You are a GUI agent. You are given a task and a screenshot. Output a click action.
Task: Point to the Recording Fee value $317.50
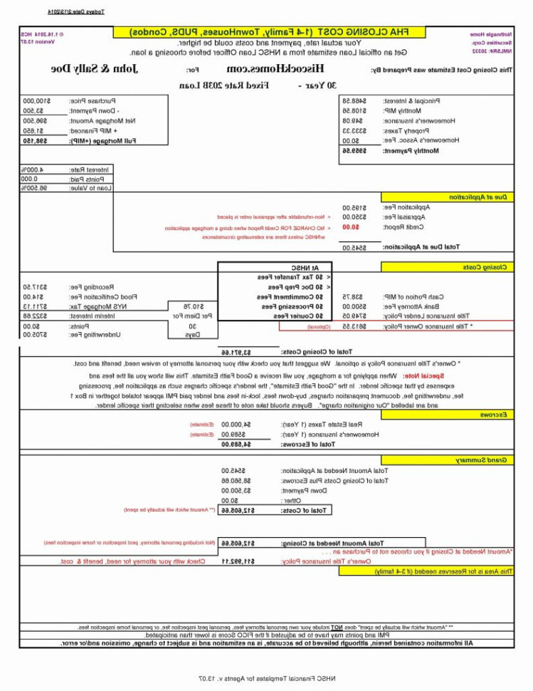point(36,286)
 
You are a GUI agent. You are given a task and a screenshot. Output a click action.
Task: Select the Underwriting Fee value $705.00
point(36,334)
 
